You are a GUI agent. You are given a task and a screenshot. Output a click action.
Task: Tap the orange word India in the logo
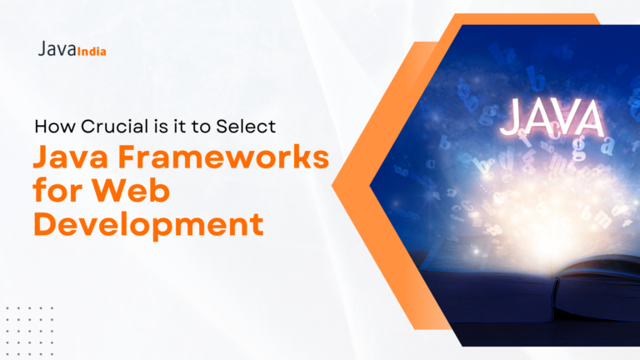tap(92, 52)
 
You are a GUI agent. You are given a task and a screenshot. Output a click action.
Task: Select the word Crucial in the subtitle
tap(115, 127)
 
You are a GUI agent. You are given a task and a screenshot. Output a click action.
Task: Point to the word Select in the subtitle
tap(246, 127)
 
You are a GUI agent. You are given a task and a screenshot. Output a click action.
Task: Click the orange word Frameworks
tap(223, 157)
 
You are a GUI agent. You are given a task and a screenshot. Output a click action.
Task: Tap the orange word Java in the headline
tap(71, 157)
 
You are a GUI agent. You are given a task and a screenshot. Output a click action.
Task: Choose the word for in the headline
tap(57, 190)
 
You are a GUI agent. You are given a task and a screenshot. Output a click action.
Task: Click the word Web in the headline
tap(130, 190)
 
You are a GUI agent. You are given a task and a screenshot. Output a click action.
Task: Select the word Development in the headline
tap(148, 224)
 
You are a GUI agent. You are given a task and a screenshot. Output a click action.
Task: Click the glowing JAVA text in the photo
tap(552, 117)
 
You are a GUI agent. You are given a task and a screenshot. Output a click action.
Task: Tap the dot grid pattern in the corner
tap(29, 331)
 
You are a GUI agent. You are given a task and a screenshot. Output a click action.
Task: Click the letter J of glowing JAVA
tap(509, 117)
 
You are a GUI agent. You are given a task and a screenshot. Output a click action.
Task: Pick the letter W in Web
tap(107, 190)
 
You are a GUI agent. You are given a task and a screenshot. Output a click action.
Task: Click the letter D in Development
tap(47, 223)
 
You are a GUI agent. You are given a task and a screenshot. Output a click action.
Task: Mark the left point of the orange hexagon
tap(332, 186)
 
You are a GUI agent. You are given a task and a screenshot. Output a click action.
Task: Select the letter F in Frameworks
tap(127, 157)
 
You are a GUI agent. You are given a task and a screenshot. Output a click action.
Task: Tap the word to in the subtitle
tap(201, 127)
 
